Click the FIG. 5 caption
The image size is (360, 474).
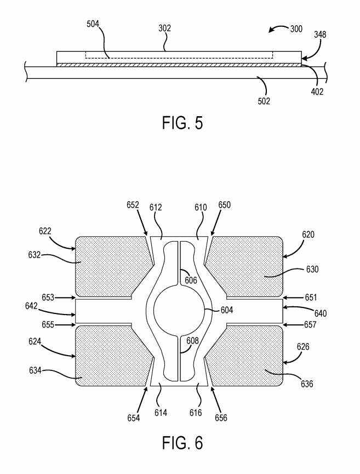(x=182, y=122)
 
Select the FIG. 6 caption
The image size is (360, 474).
(x=182, y=443)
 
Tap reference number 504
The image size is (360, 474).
(x=93, y=24)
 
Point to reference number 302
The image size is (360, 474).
(x=165, y=28)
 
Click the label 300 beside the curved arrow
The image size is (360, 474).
(x=296, y=29)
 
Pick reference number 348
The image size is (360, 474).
(x=320, y=35)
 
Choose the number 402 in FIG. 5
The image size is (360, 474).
(x=317, y=92)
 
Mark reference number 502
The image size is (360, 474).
(x=264, y=101)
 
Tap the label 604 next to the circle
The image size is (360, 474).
(x=227, y=310)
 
